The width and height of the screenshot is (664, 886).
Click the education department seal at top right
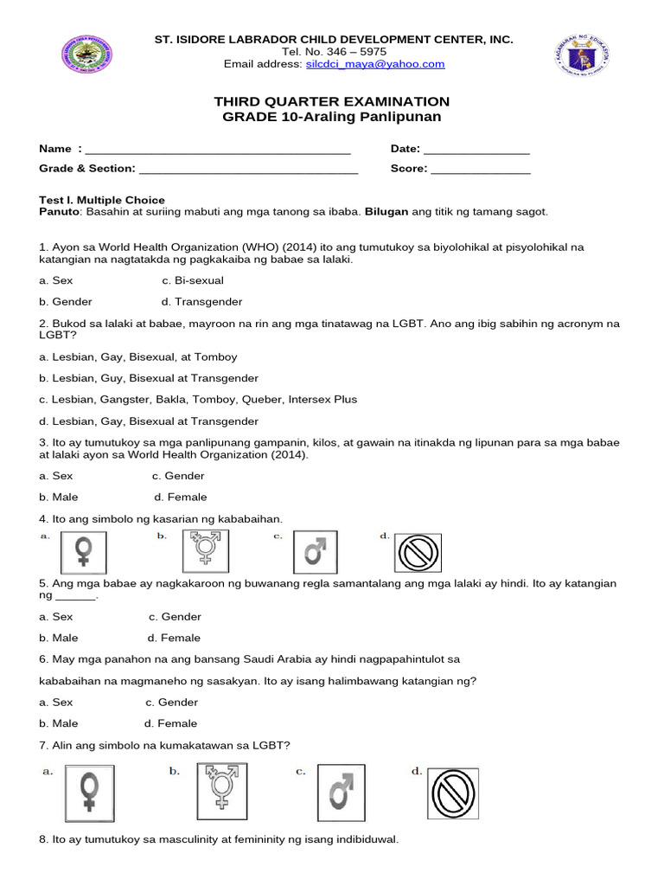click(x=580, y=58)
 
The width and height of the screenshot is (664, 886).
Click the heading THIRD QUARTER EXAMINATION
click(x=333, y=102)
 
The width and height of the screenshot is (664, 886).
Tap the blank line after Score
click(x=481, y=169)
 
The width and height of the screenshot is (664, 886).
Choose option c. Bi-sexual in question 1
click(x=192, y=280)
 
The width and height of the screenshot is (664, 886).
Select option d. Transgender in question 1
click(x=201, y=302)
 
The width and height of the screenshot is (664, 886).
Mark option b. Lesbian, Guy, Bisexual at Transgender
click(x=149, y=378)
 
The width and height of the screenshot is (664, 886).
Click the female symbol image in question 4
click(x=84, y=551)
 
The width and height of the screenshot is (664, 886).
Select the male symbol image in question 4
click(x=316, y=551)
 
